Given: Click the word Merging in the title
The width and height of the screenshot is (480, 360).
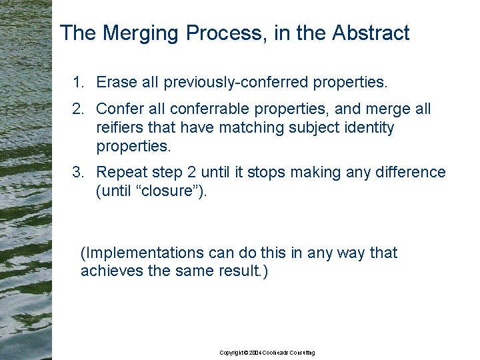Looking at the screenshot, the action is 140,34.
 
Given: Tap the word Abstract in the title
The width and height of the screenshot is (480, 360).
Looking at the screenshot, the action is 371,33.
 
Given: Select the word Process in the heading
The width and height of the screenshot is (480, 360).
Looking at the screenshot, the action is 224,33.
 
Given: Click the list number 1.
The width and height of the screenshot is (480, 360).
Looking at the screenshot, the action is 78,82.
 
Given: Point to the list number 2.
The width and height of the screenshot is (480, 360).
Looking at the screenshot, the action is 78,109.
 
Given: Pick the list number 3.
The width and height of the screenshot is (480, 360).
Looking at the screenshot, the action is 78,172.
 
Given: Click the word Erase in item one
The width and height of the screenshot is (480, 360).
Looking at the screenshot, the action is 116,82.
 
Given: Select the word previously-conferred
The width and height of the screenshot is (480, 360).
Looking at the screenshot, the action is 235,83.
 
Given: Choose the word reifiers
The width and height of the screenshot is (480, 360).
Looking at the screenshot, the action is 120,127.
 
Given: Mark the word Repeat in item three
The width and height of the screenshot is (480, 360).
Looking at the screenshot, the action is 121,172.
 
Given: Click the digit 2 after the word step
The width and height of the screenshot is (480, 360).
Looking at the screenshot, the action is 191,172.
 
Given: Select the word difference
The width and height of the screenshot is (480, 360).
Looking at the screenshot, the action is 410,172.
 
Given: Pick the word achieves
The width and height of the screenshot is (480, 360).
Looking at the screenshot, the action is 112,271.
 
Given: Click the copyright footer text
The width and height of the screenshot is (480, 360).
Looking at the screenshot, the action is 267,353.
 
